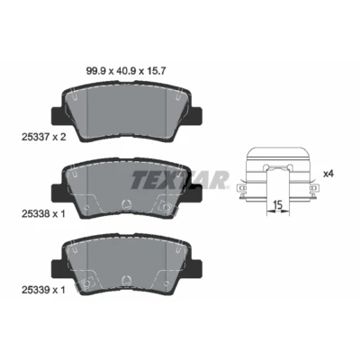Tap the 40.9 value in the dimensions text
click(125, 71)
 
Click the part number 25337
click(34, 137)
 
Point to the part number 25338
click(34, 214)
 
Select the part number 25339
click(34, 290)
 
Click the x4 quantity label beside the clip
click(328, 174)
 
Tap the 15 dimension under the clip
click(278, 205)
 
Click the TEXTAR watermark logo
click(180, 180)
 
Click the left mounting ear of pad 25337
click(57, 117)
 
